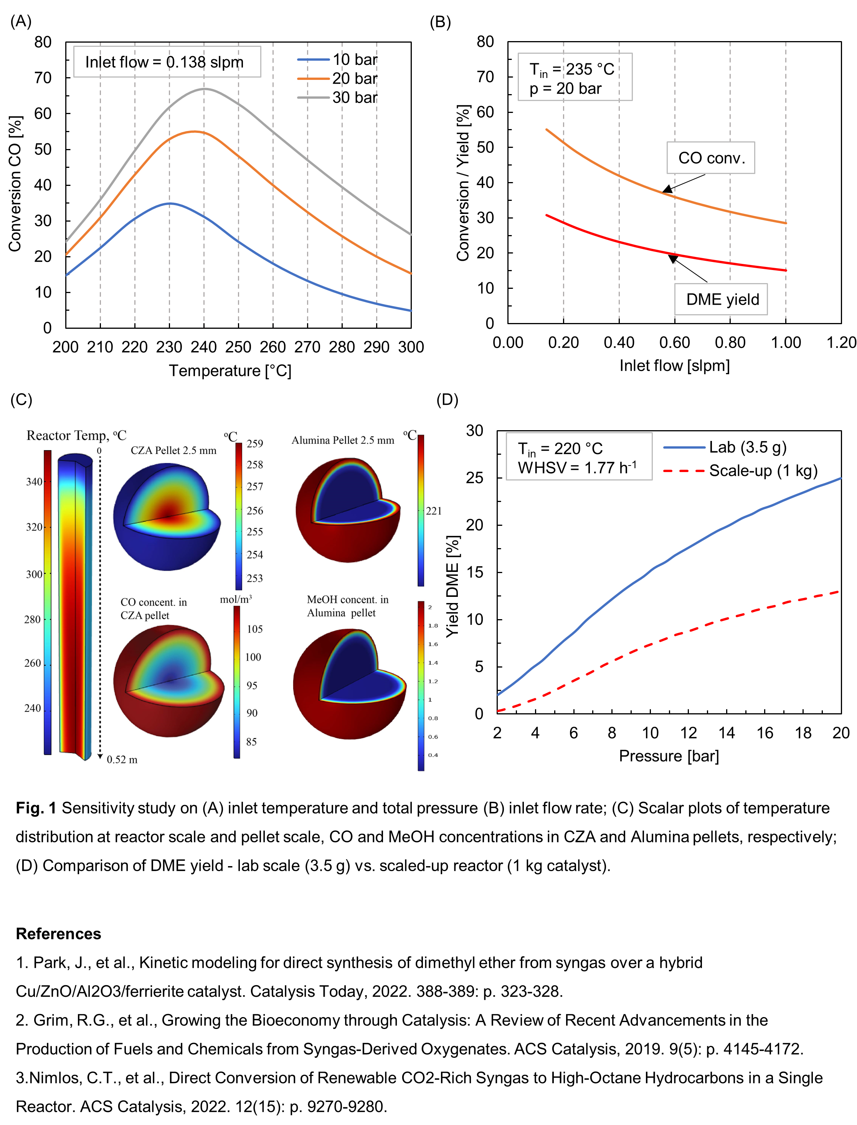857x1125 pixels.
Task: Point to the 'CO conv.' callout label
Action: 711,158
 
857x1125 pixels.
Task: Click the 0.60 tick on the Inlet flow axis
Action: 674,343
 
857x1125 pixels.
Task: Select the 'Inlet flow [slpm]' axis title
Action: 674,366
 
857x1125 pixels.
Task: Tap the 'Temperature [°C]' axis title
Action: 230,371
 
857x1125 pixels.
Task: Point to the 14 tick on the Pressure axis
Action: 727,733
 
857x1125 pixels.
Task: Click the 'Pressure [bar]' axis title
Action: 669,756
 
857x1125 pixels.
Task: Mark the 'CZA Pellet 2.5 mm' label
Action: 173,451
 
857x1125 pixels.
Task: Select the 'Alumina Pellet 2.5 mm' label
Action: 343,441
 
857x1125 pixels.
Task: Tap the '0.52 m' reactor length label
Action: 122,759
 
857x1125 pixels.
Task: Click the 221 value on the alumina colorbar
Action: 434,511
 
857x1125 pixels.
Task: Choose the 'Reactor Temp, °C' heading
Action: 76,436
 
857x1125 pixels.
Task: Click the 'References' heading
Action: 59,934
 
